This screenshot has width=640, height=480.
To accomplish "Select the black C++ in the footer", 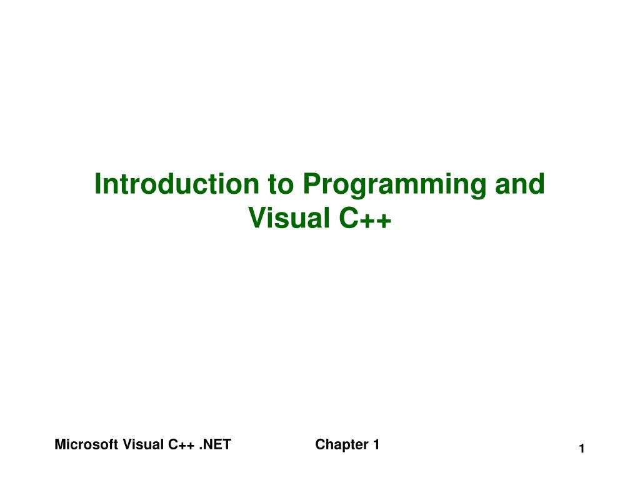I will tap(181, 445).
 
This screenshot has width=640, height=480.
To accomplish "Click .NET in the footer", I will tap(216, 445).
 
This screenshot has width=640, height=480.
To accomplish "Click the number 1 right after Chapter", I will tap(376, 445).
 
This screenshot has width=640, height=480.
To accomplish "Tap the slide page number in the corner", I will tap(581, 449).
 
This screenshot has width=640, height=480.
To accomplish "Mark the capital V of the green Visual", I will tap(256, 217).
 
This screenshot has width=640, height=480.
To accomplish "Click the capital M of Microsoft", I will tap(59, 445).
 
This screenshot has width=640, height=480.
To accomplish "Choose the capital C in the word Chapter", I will tap(319, 445).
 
